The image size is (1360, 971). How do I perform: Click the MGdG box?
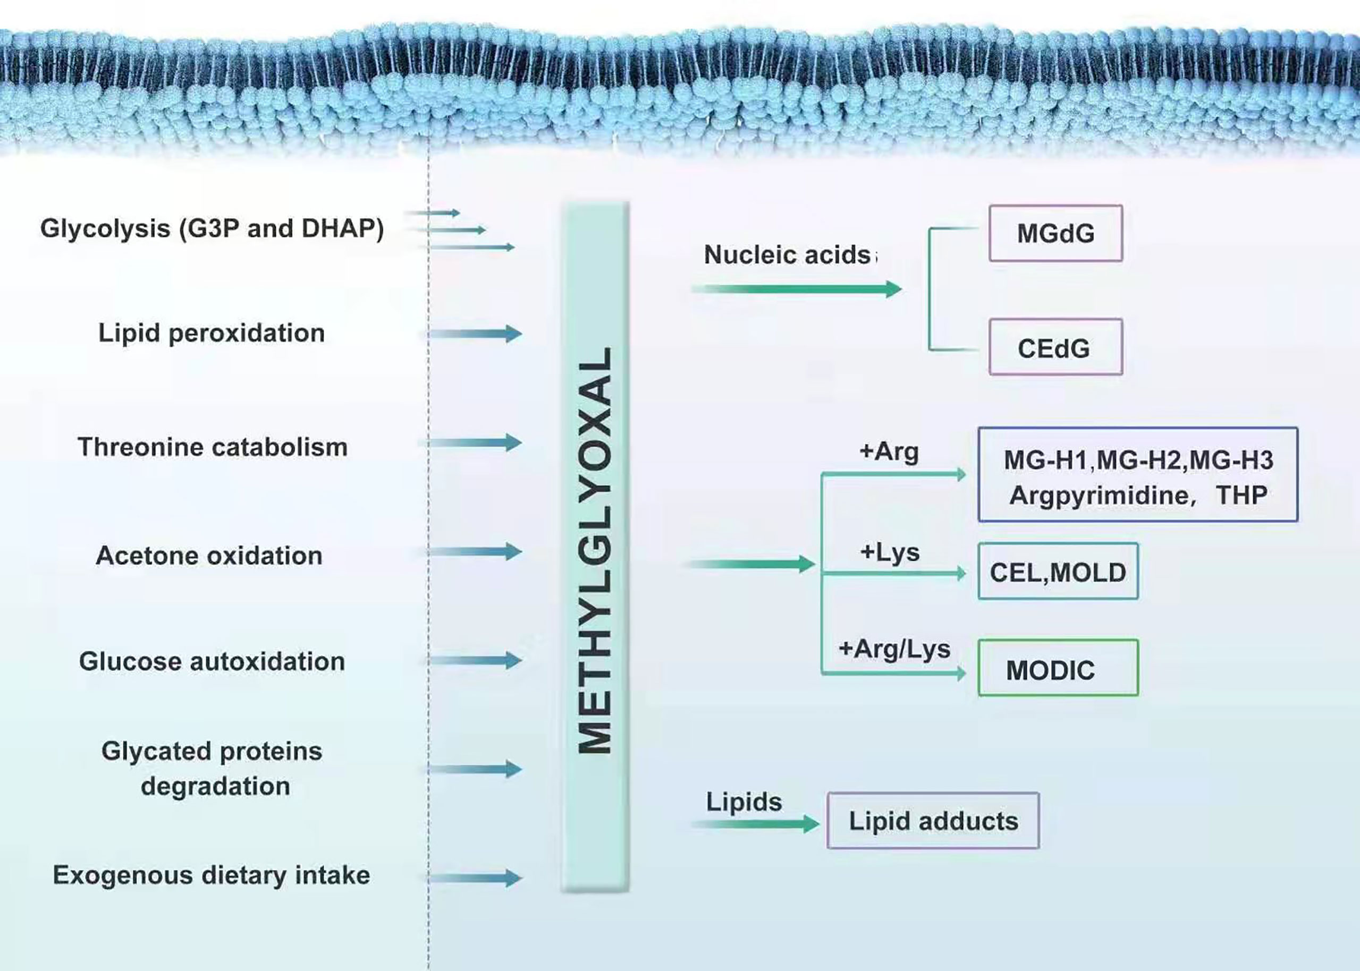tap(1055, 233)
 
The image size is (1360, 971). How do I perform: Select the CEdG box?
tap(1055, 347)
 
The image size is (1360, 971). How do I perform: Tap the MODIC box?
tap(1058, 668)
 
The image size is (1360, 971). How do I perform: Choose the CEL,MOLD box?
tap(1058, 571)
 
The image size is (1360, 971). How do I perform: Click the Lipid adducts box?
tap(933, 820)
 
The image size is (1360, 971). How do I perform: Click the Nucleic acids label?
tap(787, 255)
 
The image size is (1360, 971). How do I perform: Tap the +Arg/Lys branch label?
tap(894, 649)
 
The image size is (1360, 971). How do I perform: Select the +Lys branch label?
tap(889, 552)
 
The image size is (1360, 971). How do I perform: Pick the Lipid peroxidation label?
tap(212, 333)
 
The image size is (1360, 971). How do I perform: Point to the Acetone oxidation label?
tap(209, 556)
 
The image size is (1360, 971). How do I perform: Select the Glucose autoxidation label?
tap(212, 661)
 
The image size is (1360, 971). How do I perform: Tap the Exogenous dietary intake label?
tap(212, 875)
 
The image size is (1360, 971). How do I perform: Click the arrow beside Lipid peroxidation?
tap(474, 334)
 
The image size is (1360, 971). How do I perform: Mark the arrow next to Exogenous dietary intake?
tap(474, 878)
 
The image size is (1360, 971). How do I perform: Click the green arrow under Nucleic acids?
tap(797, 289)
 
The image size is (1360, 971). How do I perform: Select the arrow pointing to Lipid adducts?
tap(755, 824)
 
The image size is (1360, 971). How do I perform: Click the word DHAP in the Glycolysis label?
tap(342, 228)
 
